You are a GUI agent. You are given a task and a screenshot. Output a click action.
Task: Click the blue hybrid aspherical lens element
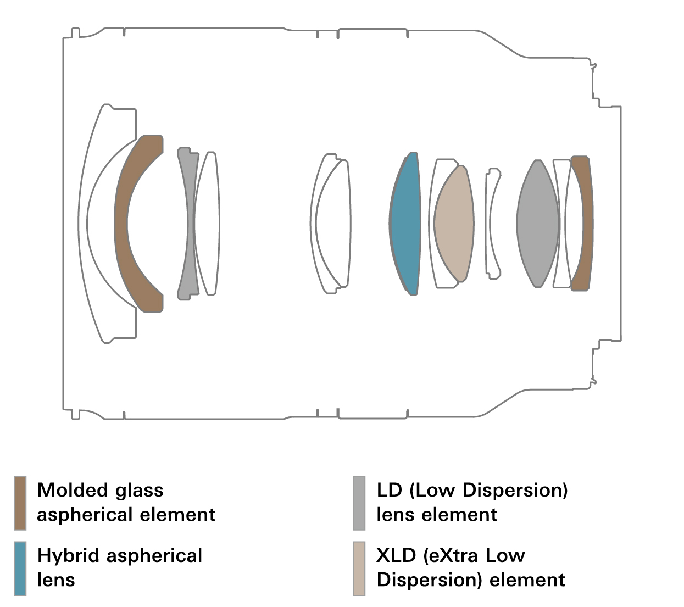click(x=405, y=224)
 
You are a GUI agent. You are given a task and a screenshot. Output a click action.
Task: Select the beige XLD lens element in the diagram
click(x=454, y=224)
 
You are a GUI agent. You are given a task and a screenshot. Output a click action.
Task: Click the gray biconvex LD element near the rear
click(x=538, y=224)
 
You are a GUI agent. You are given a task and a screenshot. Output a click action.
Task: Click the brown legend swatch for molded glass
click(x=20, y=503)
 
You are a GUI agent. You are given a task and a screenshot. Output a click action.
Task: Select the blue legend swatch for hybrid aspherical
click(x=20, y=568)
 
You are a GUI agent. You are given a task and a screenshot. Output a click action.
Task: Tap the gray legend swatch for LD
click(x=359, y=503)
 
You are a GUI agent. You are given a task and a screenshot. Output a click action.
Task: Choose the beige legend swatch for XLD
click(x=359, y=568)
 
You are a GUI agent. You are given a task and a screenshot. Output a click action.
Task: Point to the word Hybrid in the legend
click(x=69, y=556)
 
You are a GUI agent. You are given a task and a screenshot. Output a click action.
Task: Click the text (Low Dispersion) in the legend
click(x=488, y=490)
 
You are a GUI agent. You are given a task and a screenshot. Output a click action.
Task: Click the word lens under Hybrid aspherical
click(x=56, y=580)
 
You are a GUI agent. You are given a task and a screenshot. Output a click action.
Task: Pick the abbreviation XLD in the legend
click(x=396, y=555)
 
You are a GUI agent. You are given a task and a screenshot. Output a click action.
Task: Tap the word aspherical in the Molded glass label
click(x=85, y=515)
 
